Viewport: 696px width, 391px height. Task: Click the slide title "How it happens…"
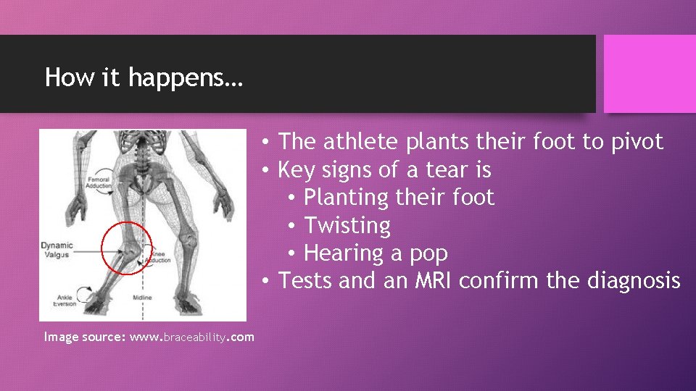click(x=144, y=77)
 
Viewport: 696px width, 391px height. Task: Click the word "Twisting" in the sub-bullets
click(x=347, y=226)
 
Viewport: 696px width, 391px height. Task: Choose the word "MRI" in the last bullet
click(x=434, y=280)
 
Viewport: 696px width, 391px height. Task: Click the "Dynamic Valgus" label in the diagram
click(x=57, y=251)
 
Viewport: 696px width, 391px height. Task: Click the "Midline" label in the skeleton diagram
click(x=142, y=298)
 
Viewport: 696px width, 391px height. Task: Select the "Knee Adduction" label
click(x=161, y=257)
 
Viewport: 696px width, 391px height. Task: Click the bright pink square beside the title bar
click(x=650, y=74)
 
